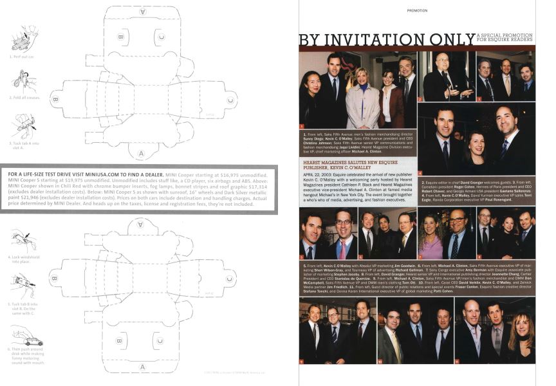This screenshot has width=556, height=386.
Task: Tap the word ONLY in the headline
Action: tap(451, 41)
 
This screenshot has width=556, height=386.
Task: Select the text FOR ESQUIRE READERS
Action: tap(505, 44)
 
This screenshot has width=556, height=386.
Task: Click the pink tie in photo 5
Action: tap(343, 248)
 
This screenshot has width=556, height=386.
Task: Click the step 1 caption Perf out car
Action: tap(23, 57)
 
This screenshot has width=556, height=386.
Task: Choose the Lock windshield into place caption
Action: tap(24, 260)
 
